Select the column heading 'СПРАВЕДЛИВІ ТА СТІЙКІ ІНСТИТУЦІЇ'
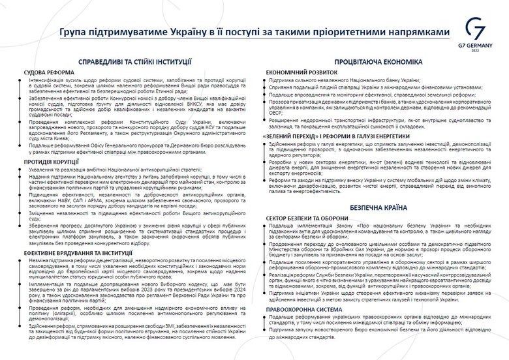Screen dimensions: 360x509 [134, 61]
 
